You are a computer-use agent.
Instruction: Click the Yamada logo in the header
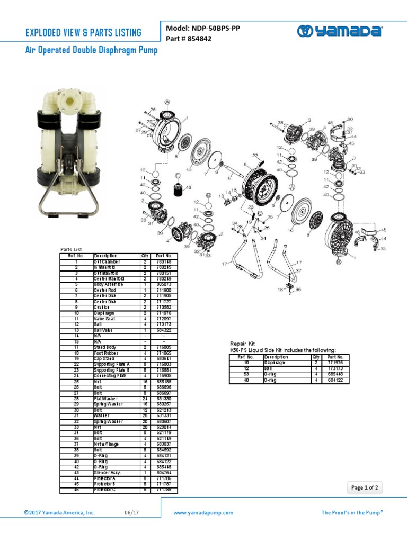(340, 31)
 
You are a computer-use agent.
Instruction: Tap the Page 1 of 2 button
(365, 488)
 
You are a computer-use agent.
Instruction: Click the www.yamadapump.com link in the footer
(203, 513)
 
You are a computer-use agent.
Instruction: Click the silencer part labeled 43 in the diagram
(178, 187)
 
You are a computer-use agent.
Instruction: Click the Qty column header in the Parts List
(144, 256)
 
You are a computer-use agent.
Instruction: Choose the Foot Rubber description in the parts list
(106, 353)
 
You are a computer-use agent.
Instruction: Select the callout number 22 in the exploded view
(254, 155)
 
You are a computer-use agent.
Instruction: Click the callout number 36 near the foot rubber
(298, 289)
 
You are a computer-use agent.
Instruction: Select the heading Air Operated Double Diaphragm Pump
(91, 50)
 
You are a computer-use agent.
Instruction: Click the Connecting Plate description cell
(110, 375)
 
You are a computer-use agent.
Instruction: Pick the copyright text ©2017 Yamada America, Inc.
(59, 513)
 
